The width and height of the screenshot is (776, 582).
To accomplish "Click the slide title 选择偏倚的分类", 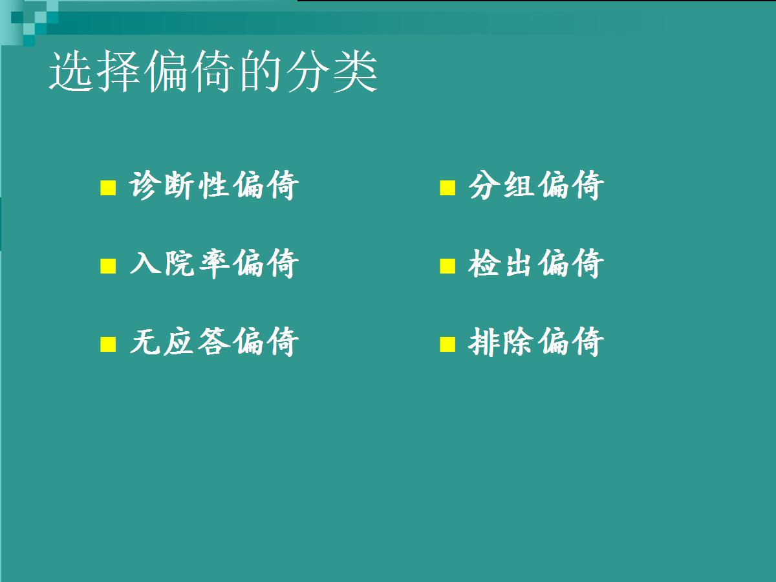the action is [x=213, y=71].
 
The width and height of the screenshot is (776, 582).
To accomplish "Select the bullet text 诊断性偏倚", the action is [x=214, y=186].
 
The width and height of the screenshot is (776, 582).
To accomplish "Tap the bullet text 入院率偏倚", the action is [x=214, y=264].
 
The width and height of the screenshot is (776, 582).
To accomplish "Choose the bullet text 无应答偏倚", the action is [x=214, y=341].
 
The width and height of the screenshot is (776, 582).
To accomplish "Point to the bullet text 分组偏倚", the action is [x=536, y=186].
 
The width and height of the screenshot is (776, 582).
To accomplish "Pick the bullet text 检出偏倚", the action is [x=536, y=264].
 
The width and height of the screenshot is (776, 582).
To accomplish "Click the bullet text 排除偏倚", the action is [x=536, y=341].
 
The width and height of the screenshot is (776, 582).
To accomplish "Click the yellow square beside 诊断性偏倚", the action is [x=108, y=188].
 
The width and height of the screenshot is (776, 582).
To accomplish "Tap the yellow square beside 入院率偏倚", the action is [x=108, y=266].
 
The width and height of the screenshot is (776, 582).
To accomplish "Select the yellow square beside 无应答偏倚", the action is [x=108, y=344].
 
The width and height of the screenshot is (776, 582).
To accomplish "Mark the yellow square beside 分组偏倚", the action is [x=447, y=188].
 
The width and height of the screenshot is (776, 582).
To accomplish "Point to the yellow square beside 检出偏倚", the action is [x=447, y=266].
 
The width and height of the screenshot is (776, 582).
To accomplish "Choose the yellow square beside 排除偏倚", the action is [x=447, y=344].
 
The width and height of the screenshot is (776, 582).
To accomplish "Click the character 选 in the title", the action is [x=70, y=71].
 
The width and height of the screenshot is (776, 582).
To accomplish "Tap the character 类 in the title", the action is [x=356, y=71].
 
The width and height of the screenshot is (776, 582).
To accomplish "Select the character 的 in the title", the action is [x=261, y=71].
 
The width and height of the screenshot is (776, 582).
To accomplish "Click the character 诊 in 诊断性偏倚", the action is [x=143, y=186].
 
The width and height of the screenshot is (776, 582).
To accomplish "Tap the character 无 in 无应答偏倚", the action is [x=143, y=341].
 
